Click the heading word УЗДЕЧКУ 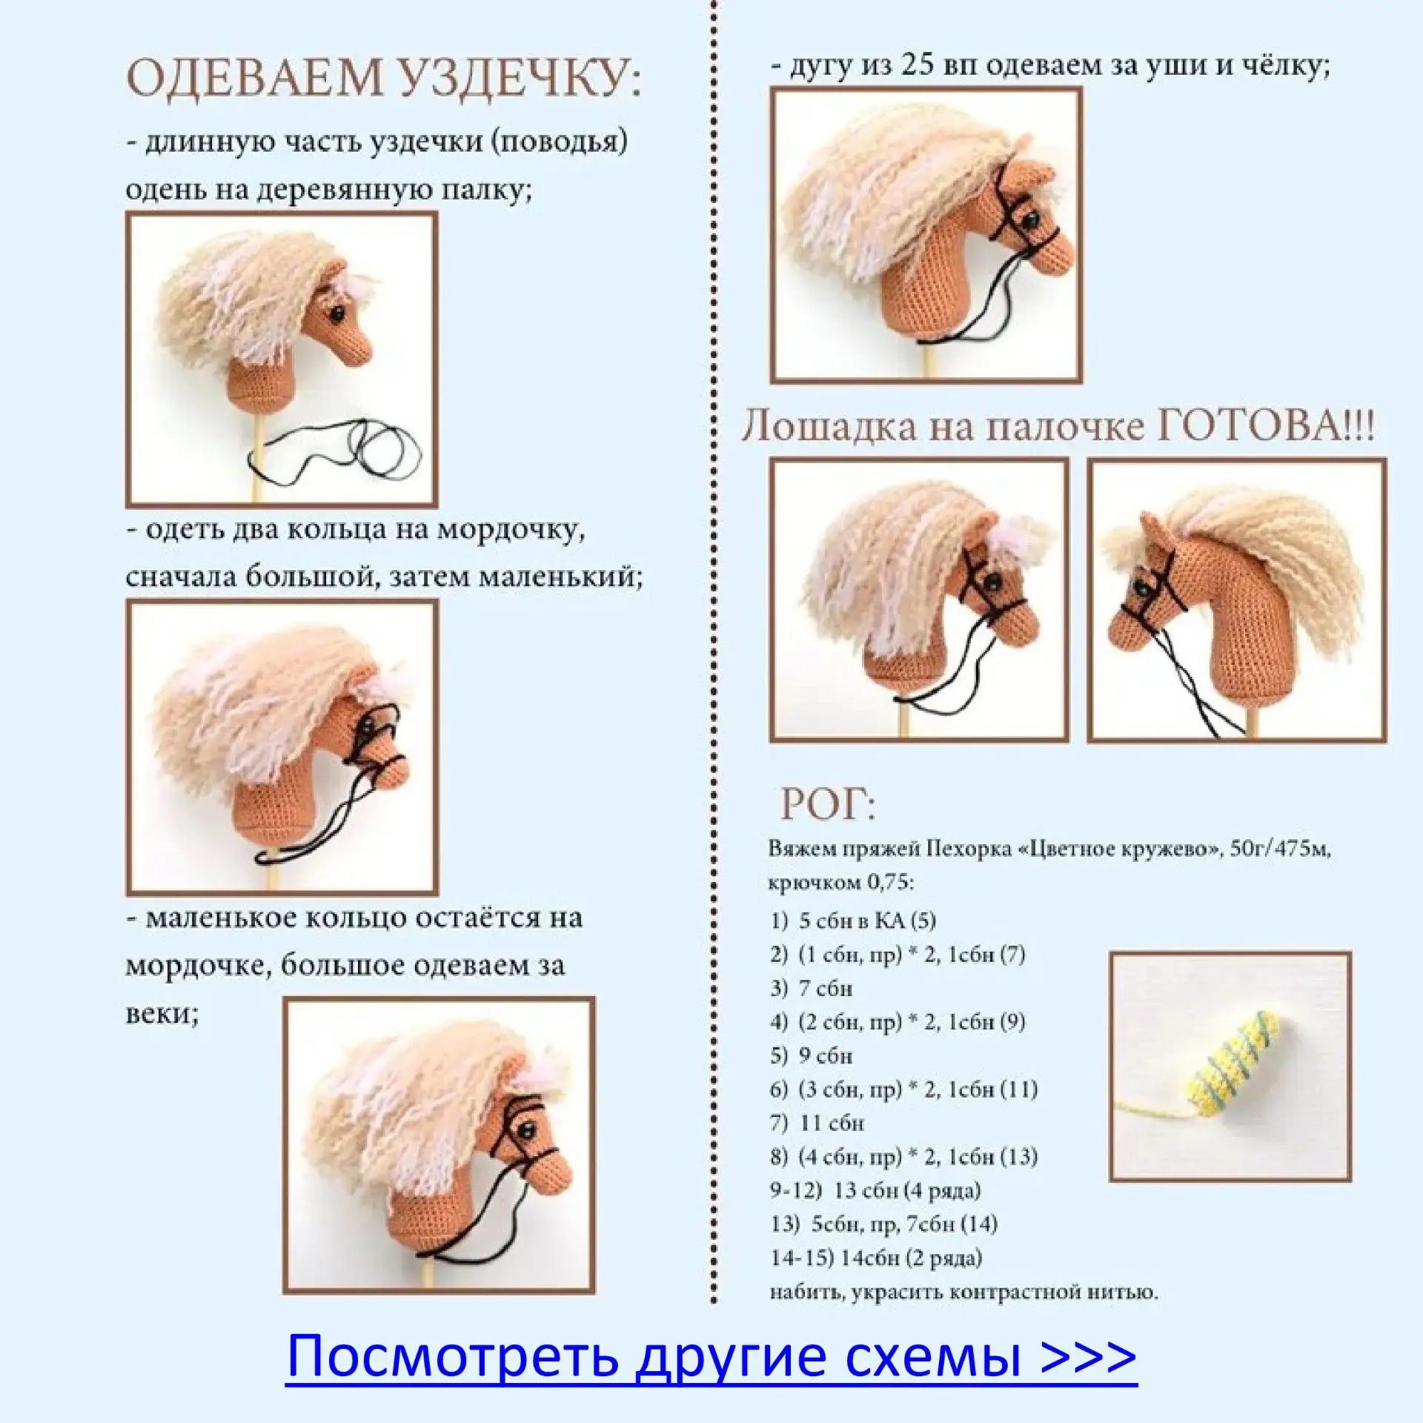tap(513, 76)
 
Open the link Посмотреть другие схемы tap(711, 1356)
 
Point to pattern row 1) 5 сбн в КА tap(853, 921)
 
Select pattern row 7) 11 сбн tap(817, 1124)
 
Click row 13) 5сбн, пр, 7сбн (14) tap(883, 1224)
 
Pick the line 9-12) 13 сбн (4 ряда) tap(875, 1191)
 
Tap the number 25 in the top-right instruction tap(919, 65)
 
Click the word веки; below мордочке tap(162, 1013)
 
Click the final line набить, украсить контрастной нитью tap(963, 1293)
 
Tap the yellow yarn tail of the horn tap(1152, 1109)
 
